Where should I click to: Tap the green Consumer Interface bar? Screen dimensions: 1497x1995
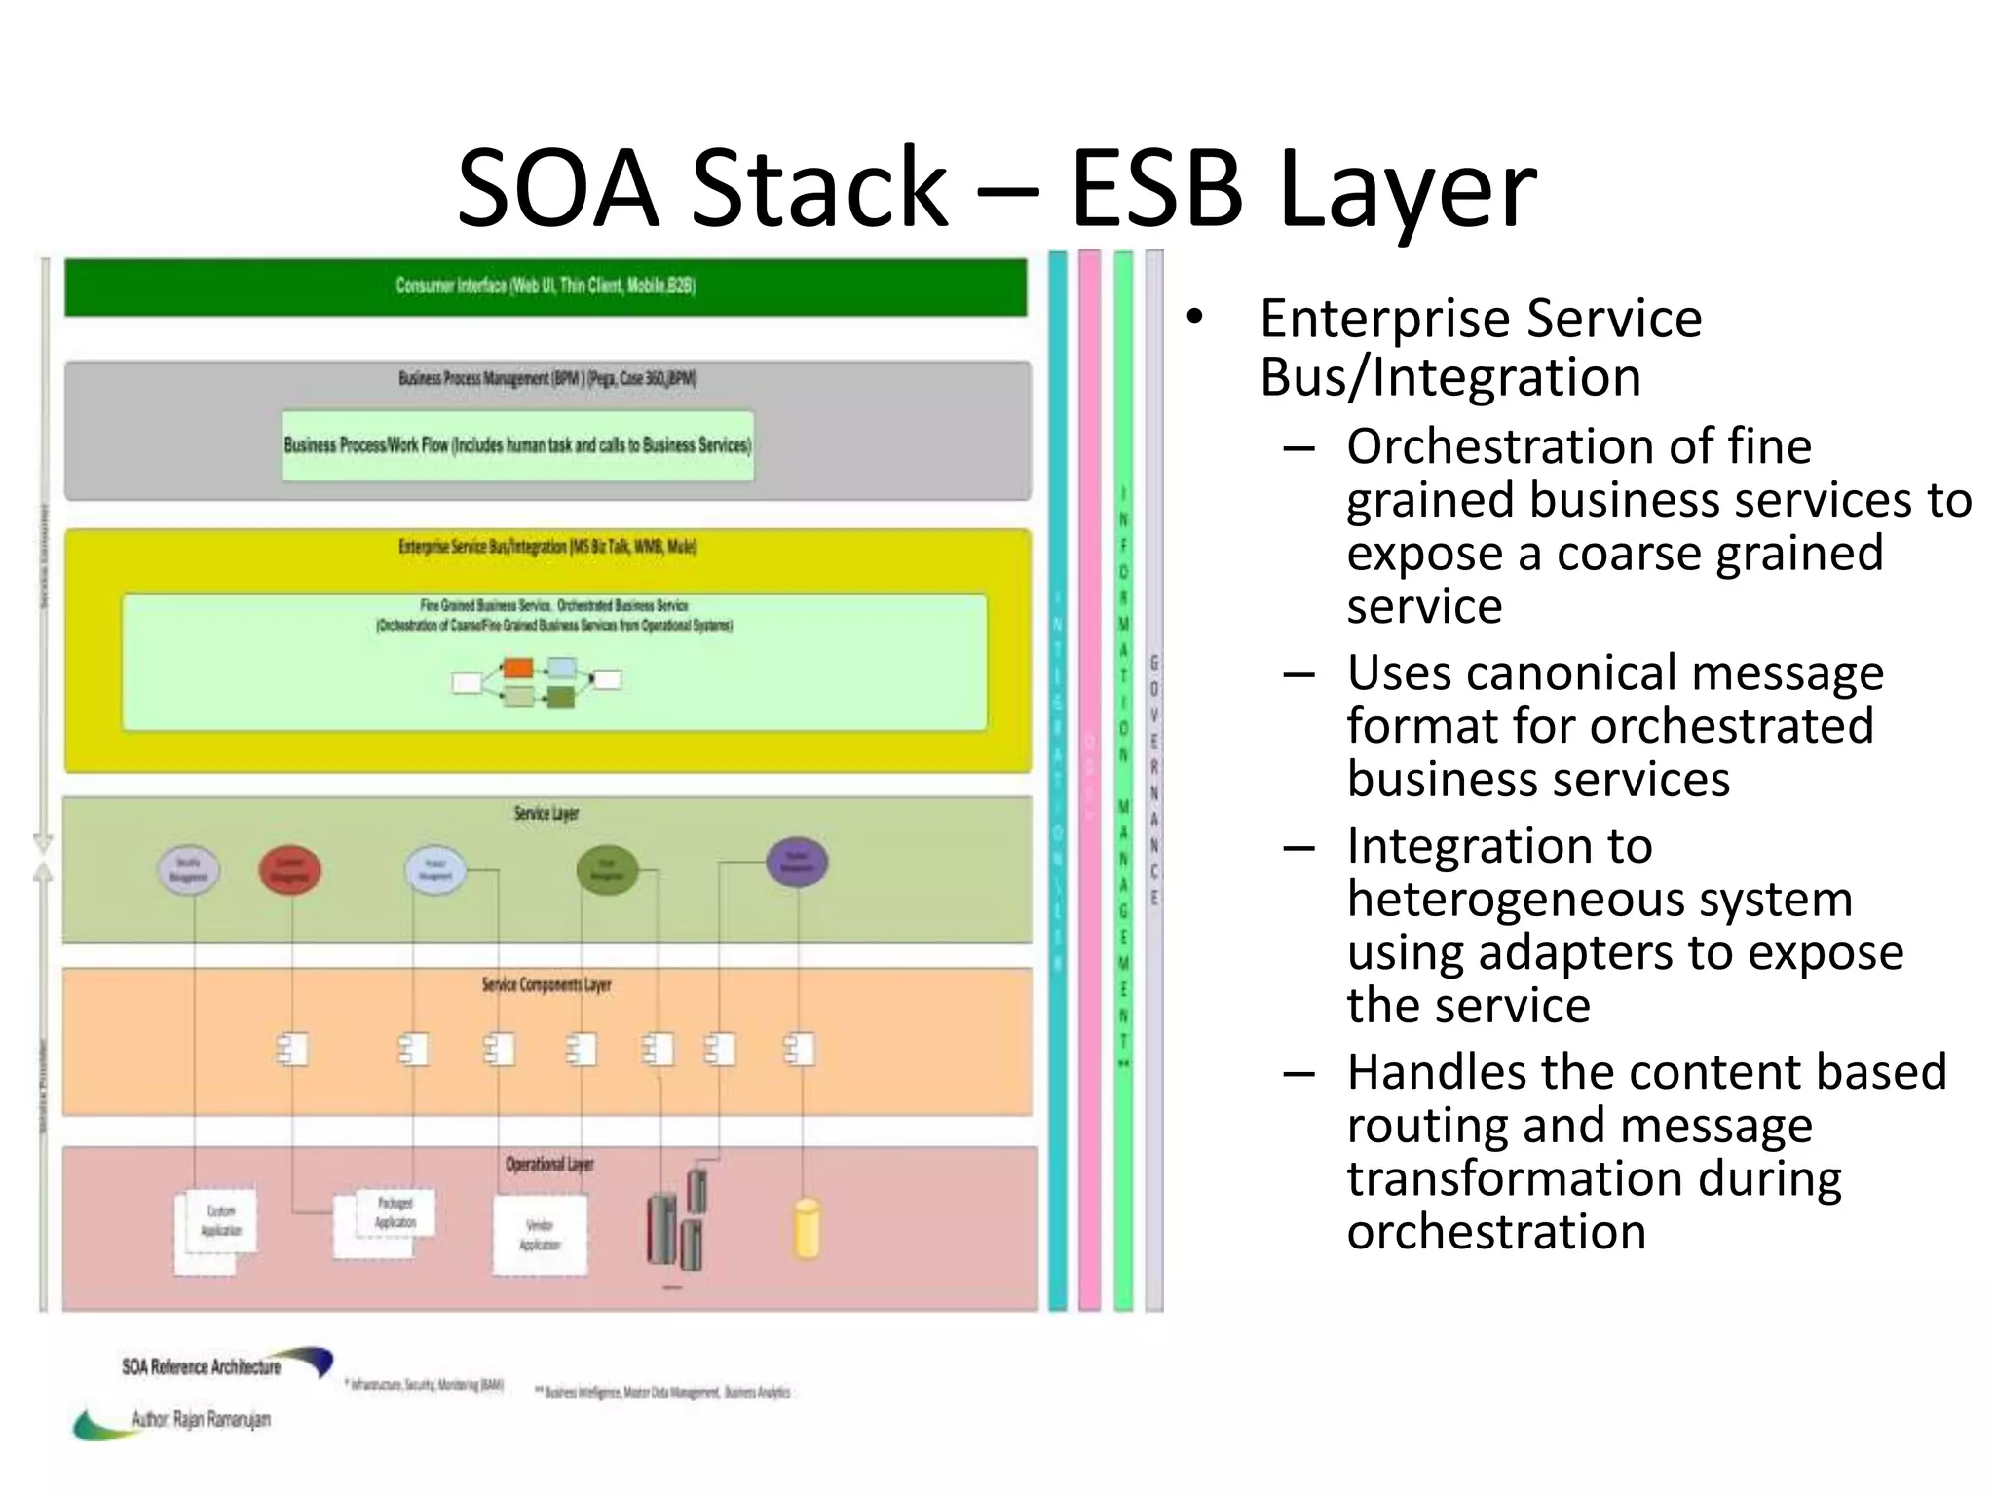click(546, 287)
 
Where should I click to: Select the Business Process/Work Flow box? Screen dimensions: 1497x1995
click(517, 445)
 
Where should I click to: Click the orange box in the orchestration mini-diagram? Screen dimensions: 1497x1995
click(518, 669)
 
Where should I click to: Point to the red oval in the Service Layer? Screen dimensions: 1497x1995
click(289, 869)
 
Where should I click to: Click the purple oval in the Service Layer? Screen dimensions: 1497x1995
click(797, 863)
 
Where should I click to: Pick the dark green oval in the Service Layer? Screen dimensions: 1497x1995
click(607, 869)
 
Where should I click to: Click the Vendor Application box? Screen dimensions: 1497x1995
click(540, 1235)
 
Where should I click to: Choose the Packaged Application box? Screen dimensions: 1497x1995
click(393, 1214)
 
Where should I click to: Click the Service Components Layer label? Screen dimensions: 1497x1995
click(546, 985)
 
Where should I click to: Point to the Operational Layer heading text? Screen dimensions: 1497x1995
click(548, 1165)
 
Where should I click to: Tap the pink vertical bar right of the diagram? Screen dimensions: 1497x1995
click(1089, 780)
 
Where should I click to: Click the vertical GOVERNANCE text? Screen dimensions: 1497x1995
click(1154, 780)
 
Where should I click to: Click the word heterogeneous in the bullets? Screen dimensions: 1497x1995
click(1600, 899)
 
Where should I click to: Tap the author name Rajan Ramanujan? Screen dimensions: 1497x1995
click(221, 1420)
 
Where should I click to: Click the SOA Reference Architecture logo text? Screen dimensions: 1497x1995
click(201, 1367)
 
